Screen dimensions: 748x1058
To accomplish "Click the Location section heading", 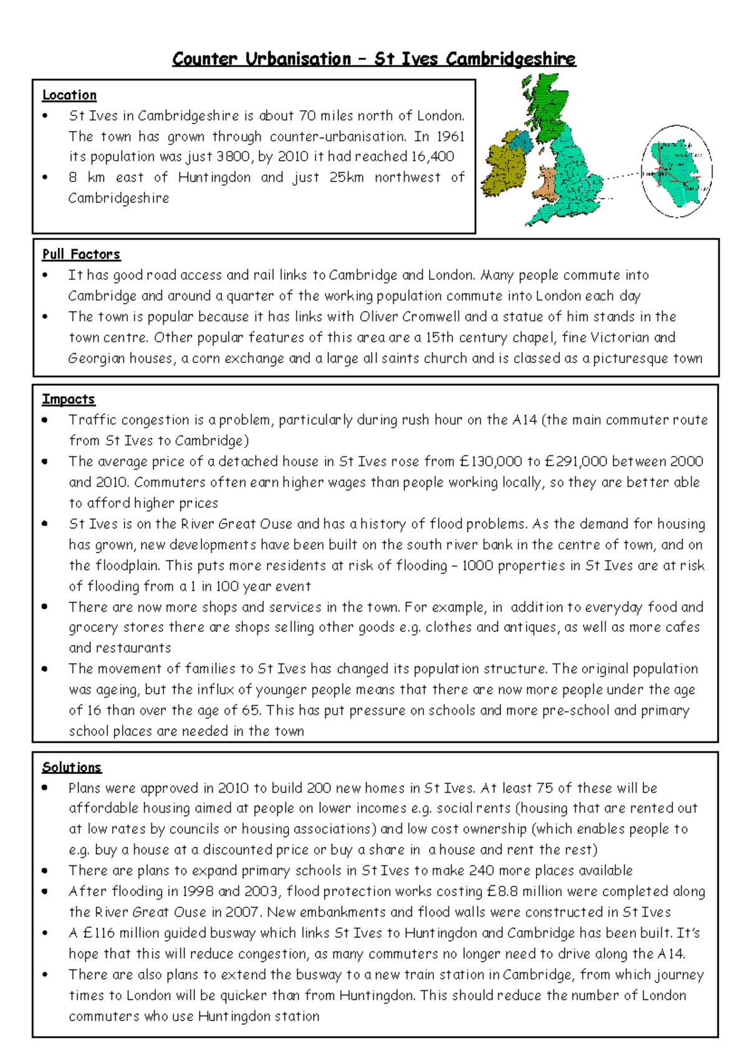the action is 69,95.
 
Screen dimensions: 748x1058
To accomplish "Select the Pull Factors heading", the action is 81,254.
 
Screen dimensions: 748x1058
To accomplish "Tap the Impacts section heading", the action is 69,399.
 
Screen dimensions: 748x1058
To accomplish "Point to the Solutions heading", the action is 72,768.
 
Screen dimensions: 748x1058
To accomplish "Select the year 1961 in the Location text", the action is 450,136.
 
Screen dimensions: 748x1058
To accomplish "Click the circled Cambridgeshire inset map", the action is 677,171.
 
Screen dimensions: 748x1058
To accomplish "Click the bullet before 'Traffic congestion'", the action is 45,421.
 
